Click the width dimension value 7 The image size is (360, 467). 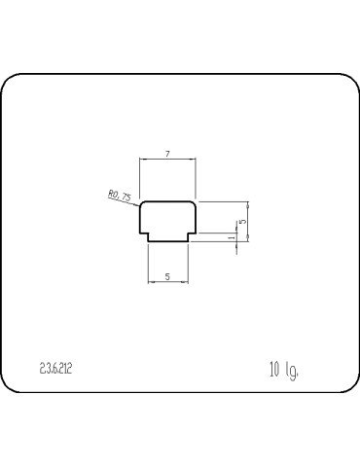168,155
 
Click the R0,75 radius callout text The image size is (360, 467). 120,196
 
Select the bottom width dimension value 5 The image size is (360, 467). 168,277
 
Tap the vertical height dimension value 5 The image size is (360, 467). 241,222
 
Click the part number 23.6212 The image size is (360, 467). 57,369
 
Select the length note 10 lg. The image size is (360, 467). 283,370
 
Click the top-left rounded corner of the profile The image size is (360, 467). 142,204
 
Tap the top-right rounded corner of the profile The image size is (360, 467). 195,204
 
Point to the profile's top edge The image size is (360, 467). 168,201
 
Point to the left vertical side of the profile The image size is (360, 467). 139,219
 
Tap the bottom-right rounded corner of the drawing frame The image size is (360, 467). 348,389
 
